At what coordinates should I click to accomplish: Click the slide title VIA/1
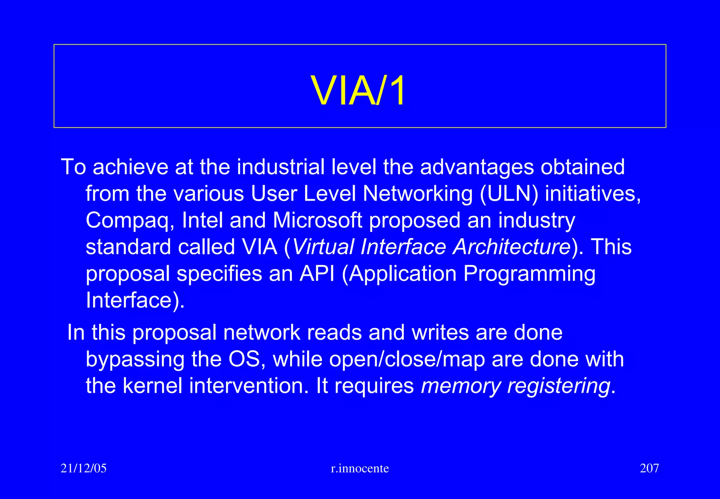tap(359, 91)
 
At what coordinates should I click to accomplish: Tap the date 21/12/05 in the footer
tap(84, 468)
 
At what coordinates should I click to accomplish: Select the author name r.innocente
tap(360, 468)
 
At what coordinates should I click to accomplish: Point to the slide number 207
tap(649, 468)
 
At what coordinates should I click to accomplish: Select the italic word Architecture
tap(512, 247)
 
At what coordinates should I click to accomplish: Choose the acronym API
tap(317, 273)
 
